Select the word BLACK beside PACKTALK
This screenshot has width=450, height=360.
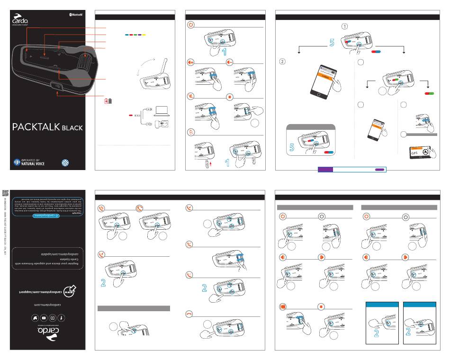pos(72,127)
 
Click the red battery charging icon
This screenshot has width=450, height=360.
pos(108,101)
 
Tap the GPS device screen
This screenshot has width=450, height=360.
pos(420,154)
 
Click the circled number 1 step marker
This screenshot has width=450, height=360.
pos(345,26)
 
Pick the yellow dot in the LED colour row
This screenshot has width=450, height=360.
pos(144,35)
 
